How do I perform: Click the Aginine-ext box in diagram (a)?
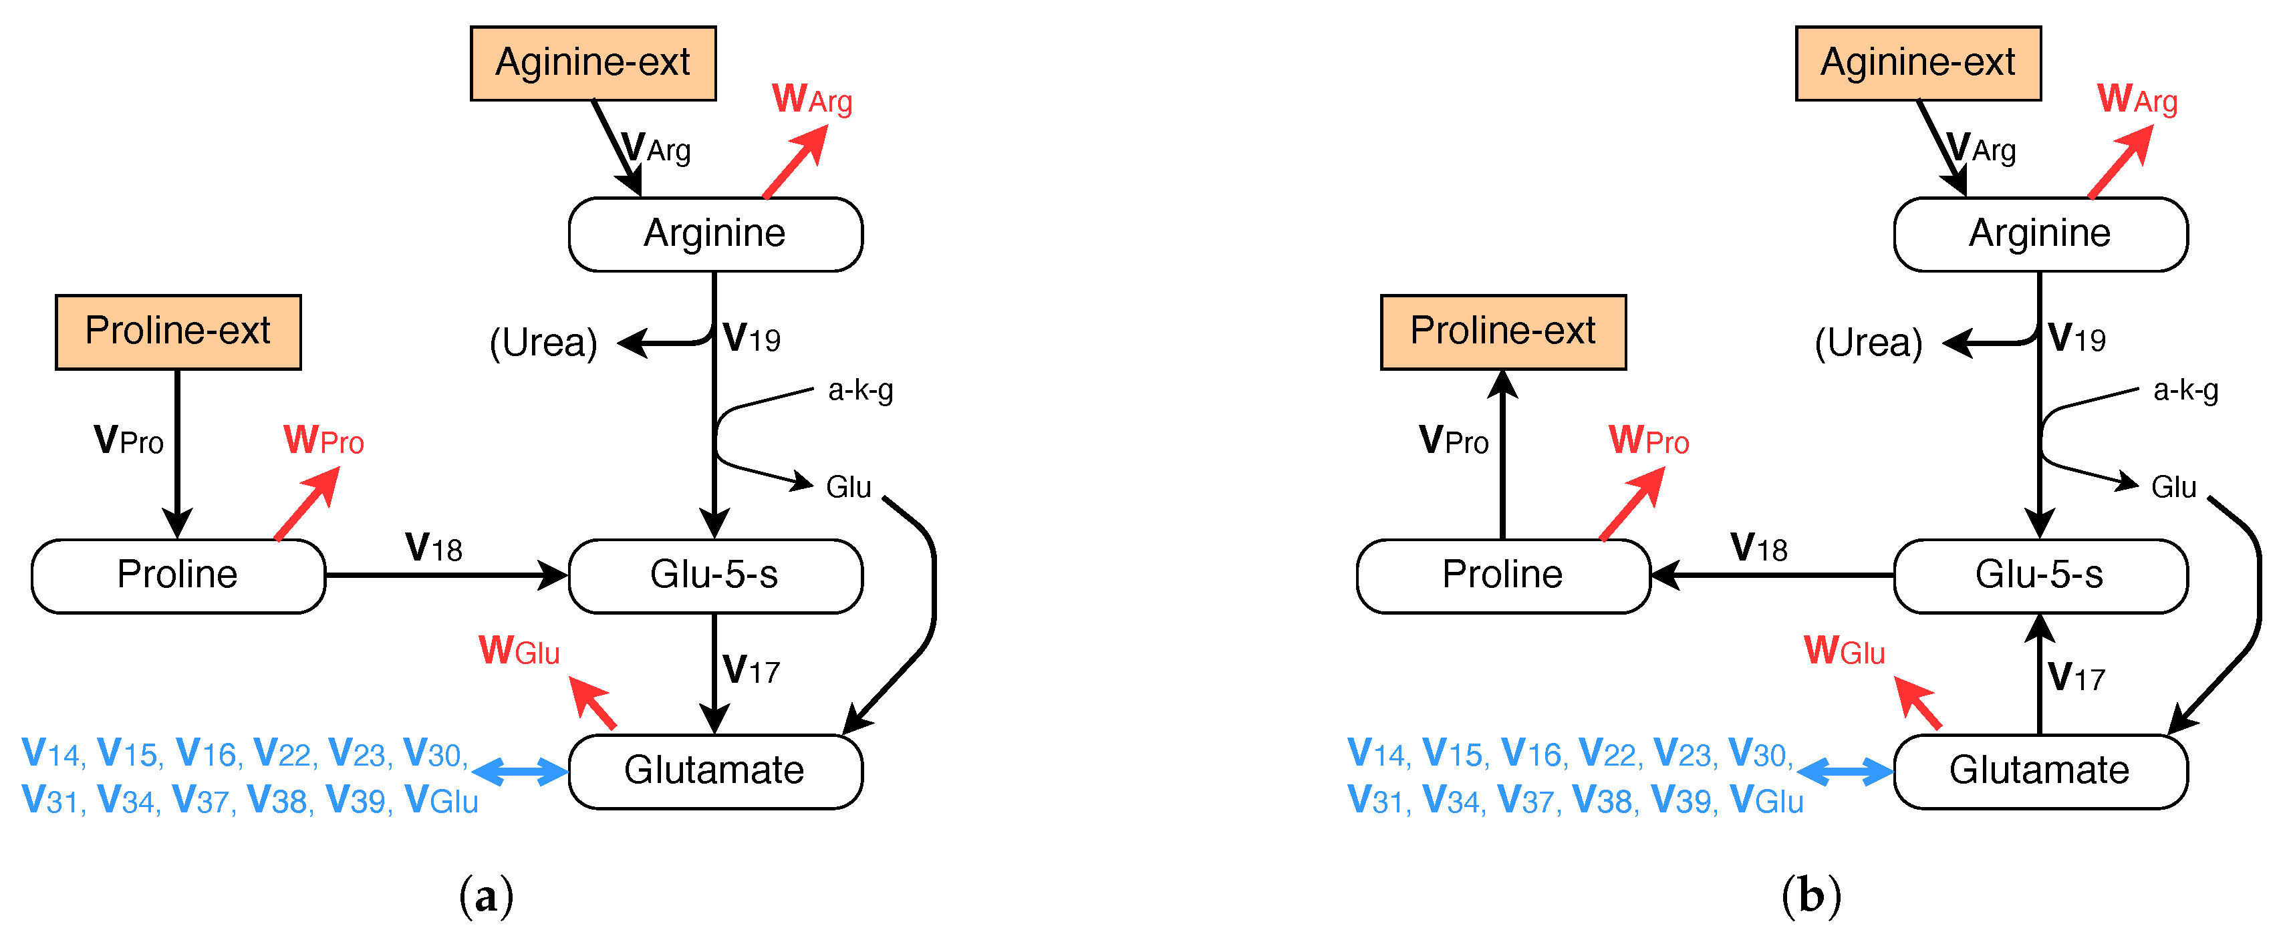[593, 63]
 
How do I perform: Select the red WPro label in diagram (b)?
[1648, 440]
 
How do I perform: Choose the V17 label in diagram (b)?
[2076, 677]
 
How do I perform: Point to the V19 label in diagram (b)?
[2076, 338]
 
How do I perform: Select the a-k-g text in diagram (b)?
[2185, 390]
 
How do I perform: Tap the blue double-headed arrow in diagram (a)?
[521, 771]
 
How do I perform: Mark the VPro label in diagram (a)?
[128, 440]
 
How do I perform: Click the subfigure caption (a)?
[486, 896]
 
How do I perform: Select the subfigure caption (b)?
[1810, 896]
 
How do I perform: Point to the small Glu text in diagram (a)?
[848, 487]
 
